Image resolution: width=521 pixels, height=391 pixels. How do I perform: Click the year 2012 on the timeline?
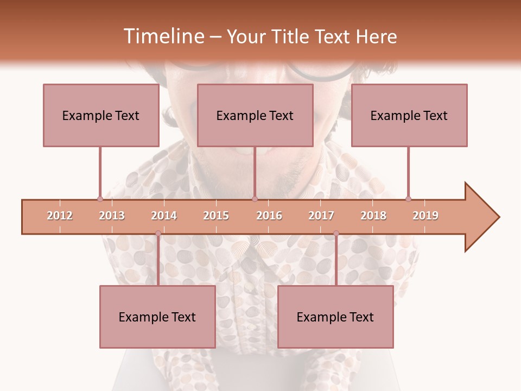click(x=60, y=216)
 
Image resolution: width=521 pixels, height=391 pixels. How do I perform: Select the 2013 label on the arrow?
click(x=112, y=216)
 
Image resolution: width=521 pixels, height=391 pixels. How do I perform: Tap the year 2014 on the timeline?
click(x=164, y=216)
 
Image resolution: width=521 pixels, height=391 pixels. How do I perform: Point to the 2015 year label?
click(x=216, y=216)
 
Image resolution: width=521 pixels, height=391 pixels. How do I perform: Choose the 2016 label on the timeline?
click(x=269, y=216)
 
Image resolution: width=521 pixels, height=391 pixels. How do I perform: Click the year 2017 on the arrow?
click(x=321, y=216)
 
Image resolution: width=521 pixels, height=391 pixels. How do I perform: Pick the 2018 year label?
click(x=373, y=216)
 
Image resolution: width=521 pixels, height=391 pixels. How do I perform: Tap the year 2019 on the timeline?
click(x=425, y=216)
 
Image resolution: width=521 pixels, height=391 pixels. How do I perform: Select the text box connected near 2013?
click(x=101, y=115)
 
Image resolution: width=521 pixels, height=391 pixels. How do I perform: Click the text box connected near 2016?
click(x=255, y=115)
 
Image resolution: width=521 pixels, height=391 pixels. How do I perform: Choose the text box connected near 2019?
click(x=409, y=115)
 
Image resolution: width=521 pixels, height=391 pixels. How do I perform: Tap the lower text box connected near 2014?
click(x=157, y=317)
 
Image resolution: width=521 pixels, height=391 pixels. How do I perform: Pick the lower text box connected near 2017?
click(x=335, y=317)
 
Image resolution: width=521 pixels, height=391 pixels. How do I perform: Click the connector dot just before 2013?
click(x=100, y=199)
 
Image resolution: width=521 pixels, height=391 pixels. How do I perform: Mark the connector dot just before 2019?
click(x=408, y=199)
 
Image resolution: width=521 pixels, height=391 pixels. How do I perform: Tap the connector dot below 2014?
click(x=158, y=234)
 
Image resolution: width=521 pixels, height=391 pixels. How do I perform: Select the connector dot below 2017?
click(x=336, y=234)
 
